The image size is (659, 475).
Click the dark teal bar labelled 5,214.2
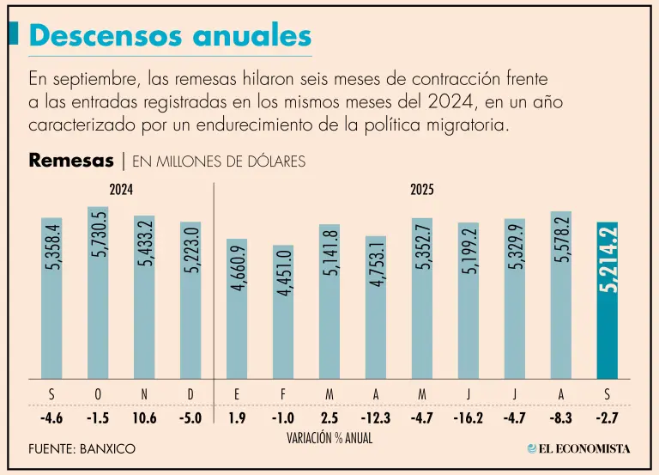[x=608, y=301]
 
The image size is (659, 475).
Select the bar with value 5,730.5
[x=98, y=292]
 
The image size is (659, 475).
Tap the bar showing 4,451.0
[x=283, y=311]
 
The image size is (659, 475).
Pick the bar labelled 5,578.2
[x=561, y=295]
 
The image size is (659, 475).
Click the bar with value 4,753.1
[x=376, y=307]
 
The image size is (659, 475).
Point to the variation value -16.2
[x=469, y=419]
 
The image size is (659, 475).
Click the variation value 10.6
[x=144, y=419]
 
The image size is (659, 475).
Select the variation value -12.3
[x=376, y=419]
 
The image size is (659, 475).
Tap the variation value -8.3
[x=561, y=419]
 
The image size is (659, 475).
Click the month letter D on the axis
[x=190, y=394]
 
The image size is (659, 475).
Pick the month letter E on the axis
[x=237, y=394]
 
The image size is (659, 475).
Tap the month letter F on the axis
[x=283, y=394]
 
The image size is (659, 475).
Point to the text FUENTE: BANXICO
[x=82, y=448]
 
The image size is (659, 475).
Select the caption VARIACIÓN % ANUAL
[x=329, y=437]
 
